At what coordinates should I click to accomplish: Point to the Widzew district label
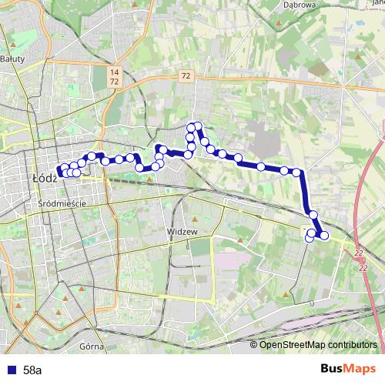[x=182, y=231]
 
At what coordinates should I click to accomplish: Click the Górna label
[x=91, y=346]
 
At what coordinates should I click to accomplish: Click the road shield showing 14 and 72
[x=114, y=75]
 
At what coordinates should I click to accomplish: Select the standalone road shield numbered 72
[x=186, y=75]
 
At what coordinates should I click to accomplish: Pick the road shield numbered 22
[x=359, y=252]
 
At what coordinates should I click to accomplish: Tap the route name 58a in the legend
[x=33, y=370]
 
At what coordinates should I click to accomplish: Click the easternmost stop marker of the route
[x=324, y=235]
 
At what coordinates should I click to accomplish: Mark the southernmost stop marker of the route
[x=310, y=238]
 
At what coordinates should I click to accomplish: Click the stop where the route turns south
[x=296, y=172]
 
